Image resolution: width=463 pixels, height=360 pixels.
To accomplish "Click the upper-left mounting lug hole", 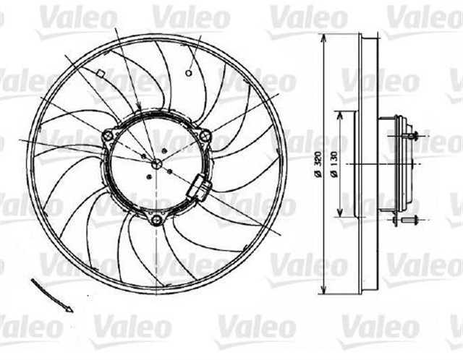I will pyautogui.click(x=109, y=134).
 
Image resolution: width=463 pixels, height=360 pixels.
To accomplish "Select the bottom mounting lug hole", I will pyautogui.click(x=157, y=218).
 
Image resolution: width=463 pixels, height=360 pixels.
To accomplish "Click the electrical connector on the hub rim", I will pyautogui.click(x=199, y=190).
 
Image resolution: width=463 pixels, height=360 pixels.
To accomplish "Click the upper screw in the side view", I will pyautogui.click(x=411, y=135).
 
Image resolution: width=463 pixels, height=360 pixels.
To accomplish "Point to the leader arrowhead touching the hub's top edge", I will pyautogui.click(x=137, y=112).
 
